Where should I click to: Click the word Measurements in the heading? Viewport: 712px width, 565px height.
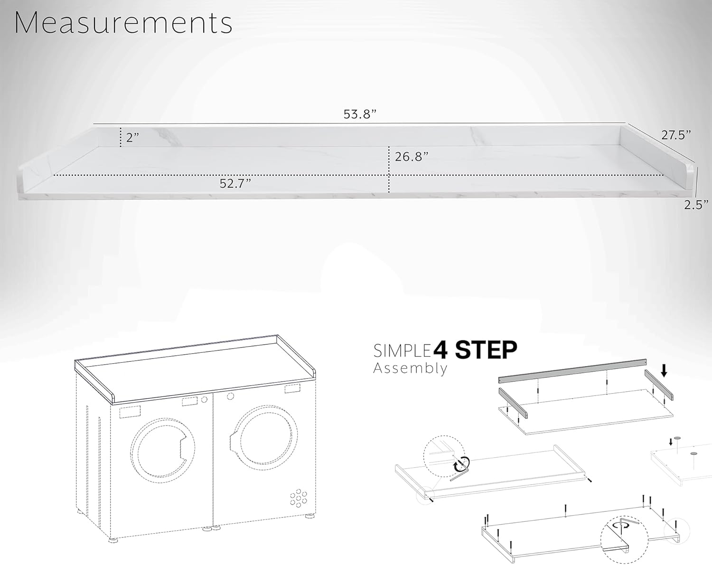pyautogui.click(x=123, y=23)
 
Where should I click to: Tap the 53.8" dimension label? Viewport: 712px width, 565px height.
pyautogui.click(x=360, y=114)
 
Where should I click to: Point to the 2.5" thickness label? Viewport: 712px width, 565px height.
pyautogui.click(x=696, y=205)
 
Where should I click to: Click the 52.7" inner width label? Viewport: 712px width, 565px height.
pyautogui.click(x=235, y=183)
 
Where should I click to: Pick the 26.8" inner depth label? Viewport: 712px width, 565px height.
pyautogui.click(x=412, y=157)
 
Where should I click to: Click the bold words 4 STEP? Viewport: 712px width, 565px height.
pyautogui.click(x=475, y=350)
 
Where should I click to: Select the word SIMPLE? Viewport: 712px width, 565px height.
pyautogui.click(x=403, y=351)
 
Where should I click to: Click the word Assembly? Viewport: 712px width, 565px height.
pyautogui.click(x=410, y=368)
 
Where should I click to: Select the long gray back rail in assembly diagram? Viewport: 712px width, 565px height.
pyautogui.click(x=572, y=371)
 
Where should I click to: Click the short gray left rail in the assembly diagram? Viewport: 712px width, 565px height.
pyautogui.click(x=513, y=404)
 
